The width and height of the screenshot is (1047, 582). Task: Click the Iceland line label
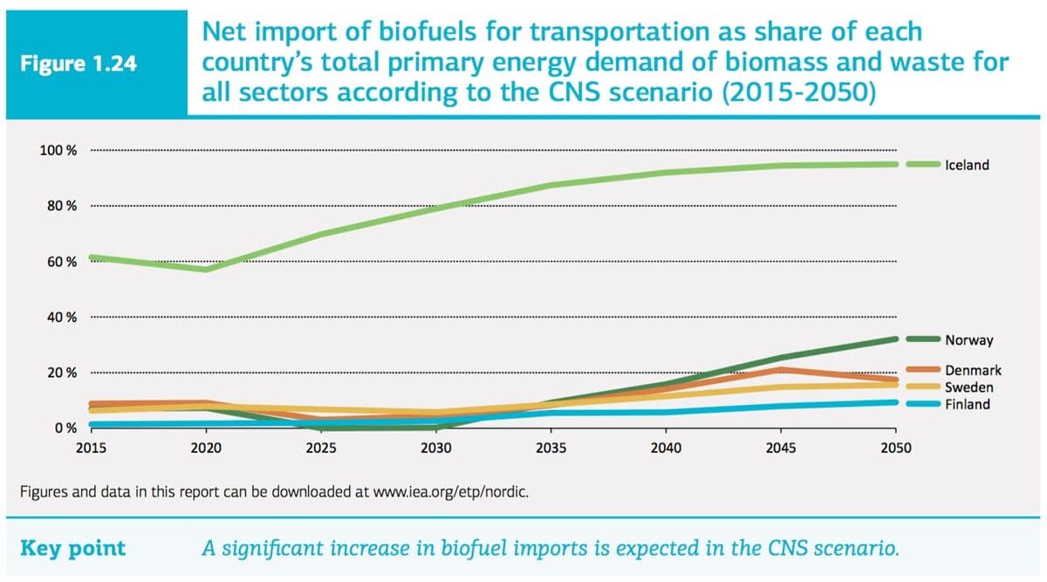click(x=967, y=165)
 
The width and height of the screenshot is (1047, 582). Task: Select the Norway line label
click(x=968, y=339)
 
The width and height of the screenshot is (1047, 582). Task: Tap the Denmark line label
click(x=973, y=371)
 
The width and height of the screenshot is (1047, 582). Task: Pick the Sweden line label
click(x=968, y=387)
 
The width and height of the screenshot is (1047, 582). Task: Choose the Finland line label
click(x=968, y=404)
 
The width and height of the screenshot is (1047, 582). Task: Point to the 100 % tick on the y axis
click(x=58, y=150)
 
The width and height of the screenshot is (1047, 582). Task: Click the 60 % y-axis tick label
click(x=61, y=262)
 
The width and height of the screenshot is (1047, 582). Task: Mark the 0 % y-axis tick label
click(x=65, y=428)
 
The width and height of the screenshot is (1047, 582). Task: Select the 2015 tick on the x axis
click(x=91, y=448)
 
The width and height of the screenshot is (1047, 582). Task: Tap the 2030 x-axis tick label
click(x=435, y=448)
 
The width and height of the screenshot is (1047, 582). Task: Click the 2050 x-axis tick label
click(x=895, y=448)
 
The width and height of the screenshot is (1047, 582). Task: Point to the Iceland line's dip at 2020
click(x=206, y=269)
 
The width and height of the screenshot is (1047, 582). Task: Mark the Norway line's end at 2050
click(x=893, y=339)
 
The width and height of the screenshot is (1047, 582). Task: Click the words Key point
click(x=72, y=549)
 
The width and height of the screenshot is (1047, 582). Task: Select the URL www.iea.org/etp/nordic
click(x=449, y=490)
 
